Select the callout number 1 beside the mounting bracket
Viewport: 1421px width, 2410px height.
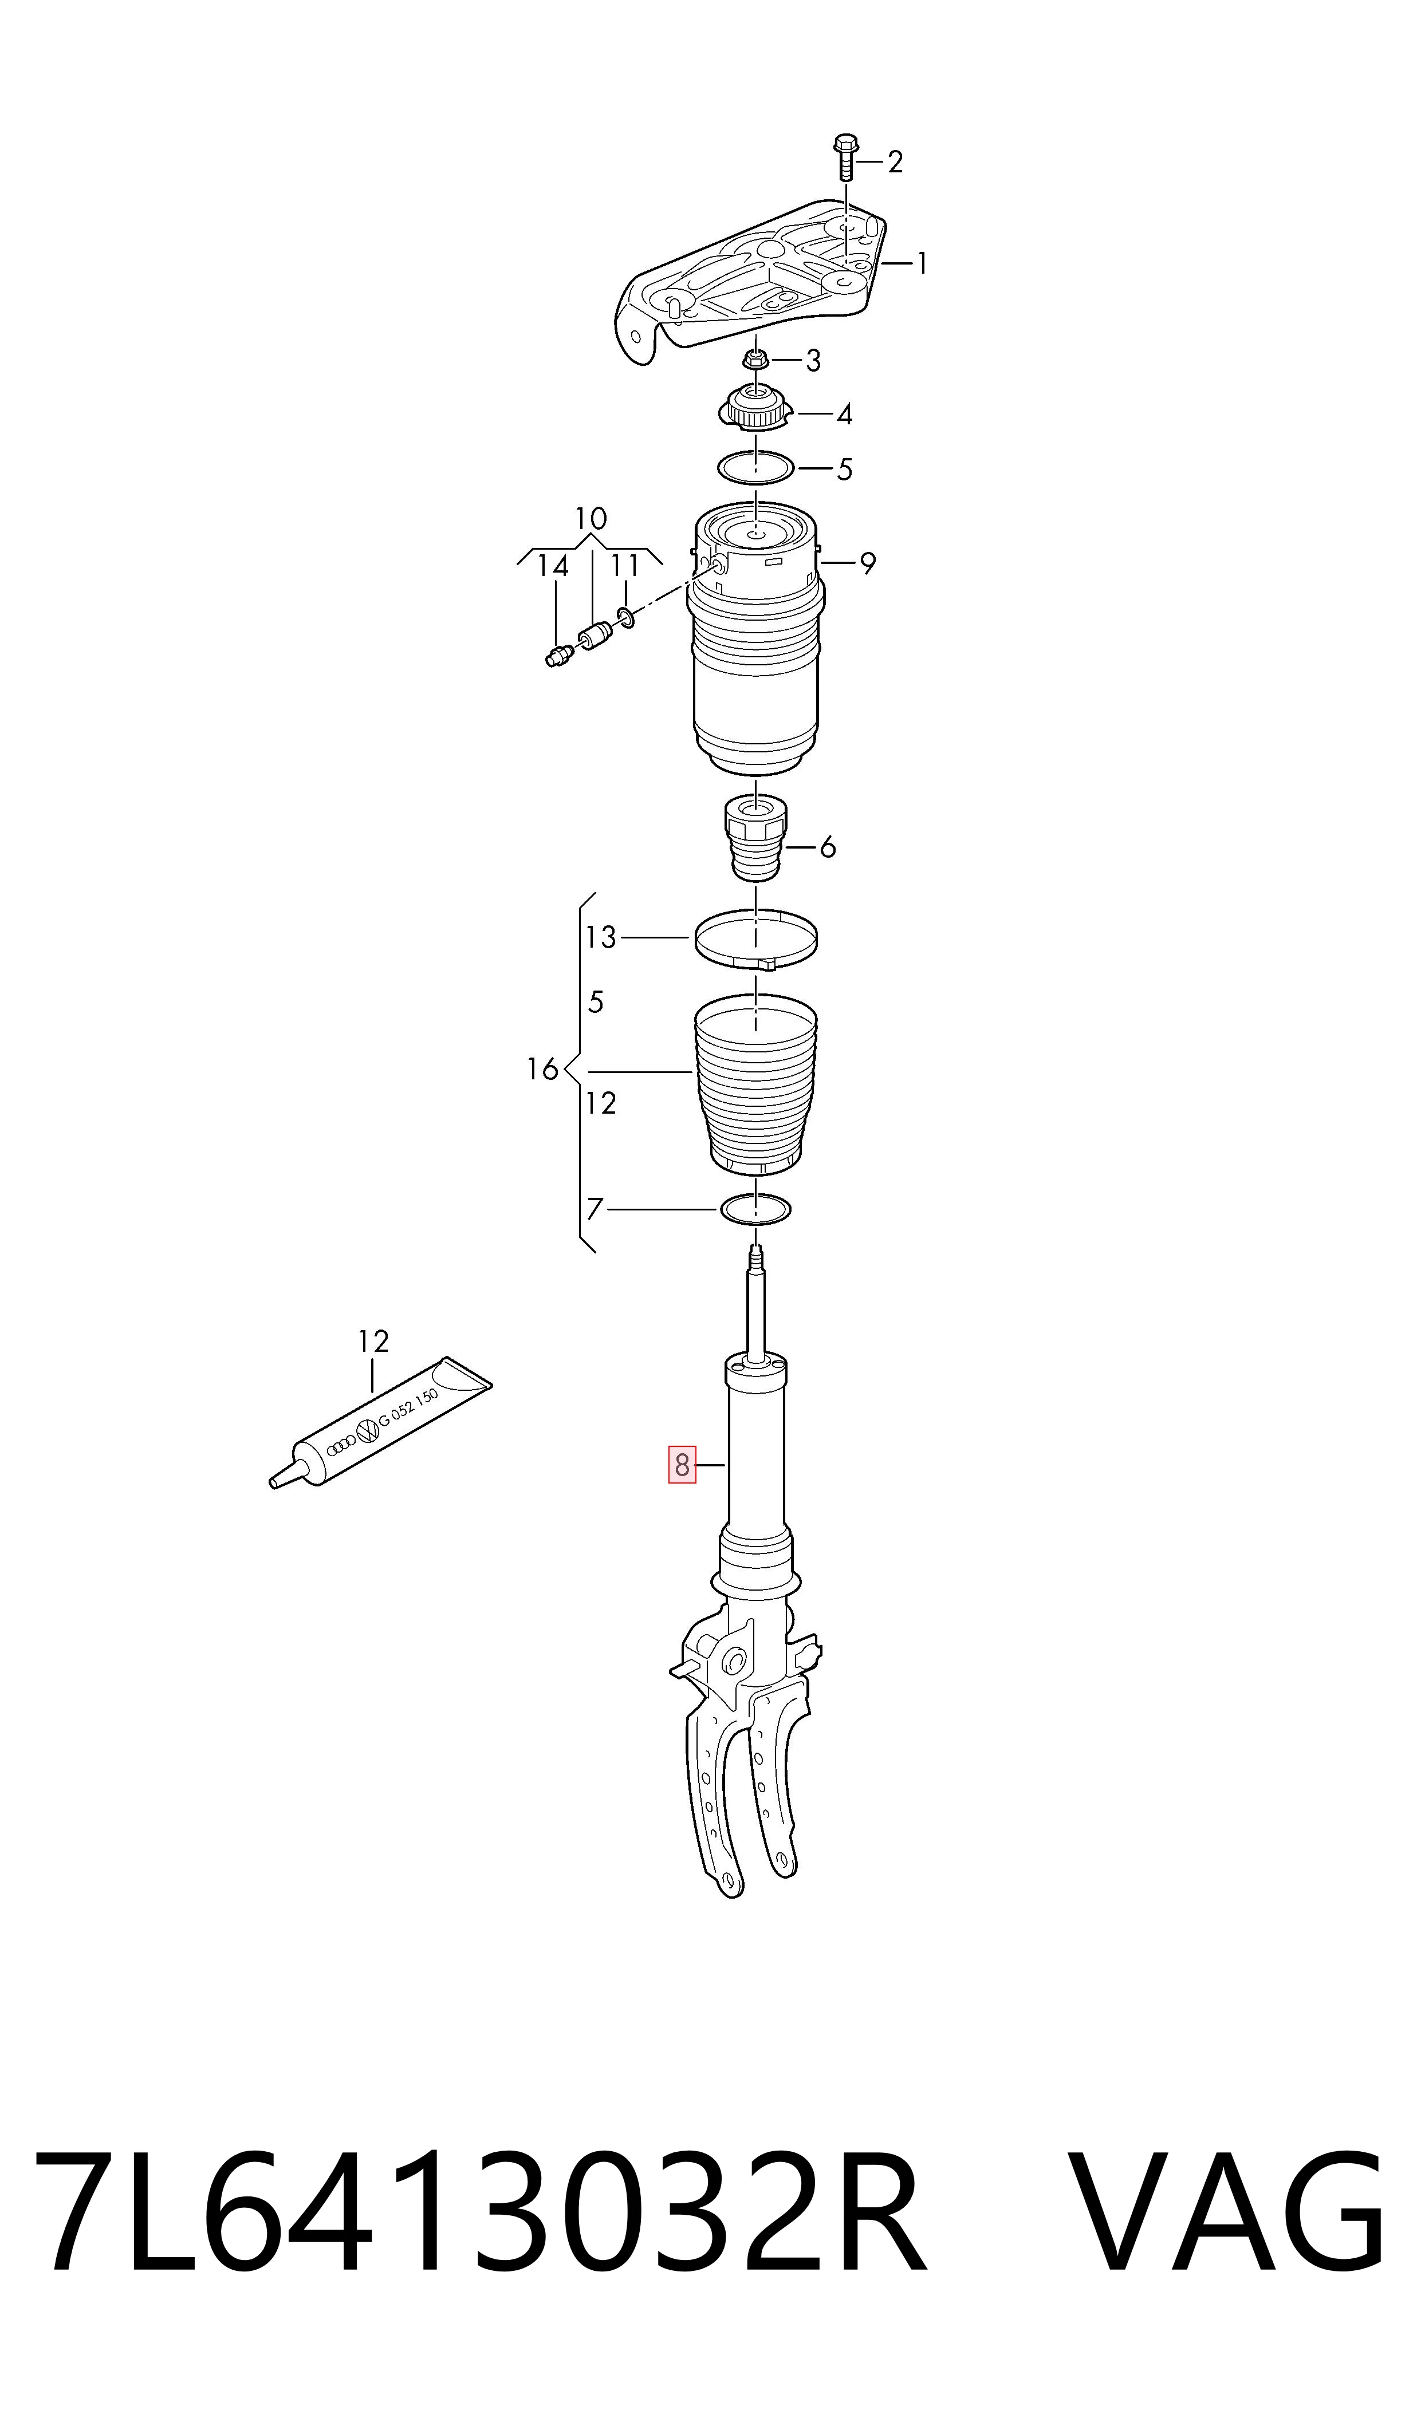pyautogui.click(x=921, y=263)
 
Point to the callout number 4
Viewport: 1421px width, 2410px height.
pyautogui.click(x=844, y=415)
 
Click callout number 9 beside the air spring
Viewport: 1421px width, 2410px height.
pyautogui.click(x=868, y=564)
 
